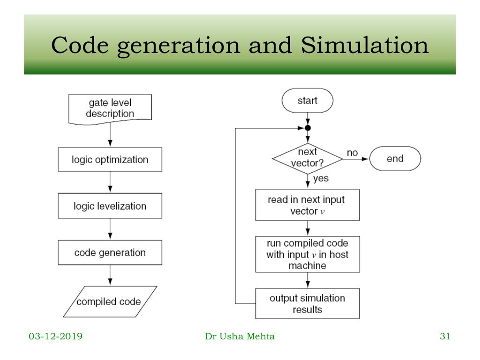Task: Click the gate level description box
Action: pyautogui.click(x=110, y=108)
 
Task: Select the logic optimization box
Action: pyautogui.click(x=110, y=159)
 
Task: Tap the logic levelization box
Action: pyautogui.click(x=110, y=206)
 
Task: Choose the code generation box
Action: pyautogui.click(x=110, y=253)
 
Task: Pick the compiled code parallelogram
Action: pyautogui.click(x=110, y=301)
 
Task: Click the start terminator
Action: pyautogui.click(x=307, y=101)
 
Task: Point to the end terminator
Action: pyautogui.click(x=395, y=159)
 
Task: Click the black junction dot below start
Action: pyautogui.click(x=307, y=127)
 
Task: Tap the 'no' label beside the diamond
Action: pyautogui.click(x=352, y=153)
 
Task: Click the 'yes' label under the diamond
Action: pyautogui.click(x=321, y=179)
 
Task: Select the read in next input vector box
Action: pyautogui.click(x=307, y=205)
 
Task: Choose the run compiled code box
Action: pyautogui.click(x=307, y=254)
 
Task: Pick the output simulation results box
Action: pyautogui.click(x=307, y=303)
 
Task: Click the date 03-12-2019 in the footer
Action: pyautogui.click(x=55, y=336)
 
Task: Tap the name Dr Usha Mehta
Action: pyautogui.click(x=240, y=336)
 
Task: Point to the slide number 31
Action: pyautogui.click(x=445, y=336)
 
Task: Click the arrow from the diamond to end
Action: pyautogui.click(x=356, y=159)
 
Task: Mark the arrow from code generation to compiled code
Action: pyautogui.click(x=110, y=276)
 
